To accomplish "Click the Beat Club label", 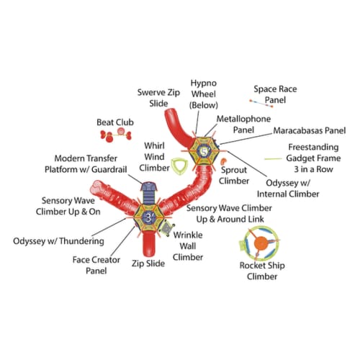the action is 115,122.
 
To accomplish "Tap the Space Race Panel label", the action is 275,94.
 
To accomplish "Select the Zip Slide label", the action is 148,264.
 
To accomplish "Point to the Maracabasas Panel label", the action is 310,130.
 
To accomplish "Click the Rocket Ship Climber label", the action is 262,271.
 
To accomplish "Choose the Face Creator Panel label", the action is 96,265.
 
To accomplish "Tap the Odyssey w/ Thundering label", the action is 58,241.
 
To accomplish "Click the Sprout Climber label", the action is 234,175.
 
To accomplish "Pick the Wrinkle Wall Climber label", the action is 188,246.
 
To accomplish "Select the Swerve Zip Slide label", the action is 158,98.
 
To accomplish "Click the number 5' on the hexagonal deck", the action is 204,152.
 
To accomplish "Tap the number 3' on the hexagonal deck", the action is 149,217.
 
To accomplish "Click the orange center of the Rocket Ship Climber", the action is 261,243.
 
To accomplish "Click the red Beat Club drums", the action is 116,135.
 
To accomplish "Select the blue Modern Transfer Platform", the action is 148,193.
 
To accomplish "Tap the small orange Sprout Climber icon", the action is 223,161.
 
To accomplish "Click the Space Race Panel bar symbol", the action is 261,103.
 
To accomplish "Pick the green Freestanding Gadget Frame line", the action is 273,158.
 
